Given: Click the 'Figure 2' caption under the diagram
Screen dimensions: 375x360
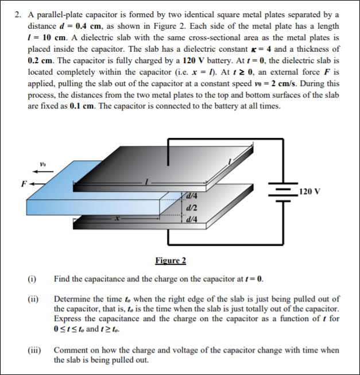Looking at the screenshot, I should click(x=171, y=261).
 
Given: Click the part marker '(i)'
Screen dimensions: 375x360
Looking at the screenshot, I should click(x=32, y=280).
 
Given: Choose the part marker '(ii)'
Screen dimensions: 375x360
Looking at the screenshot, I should click(x=33, y=299).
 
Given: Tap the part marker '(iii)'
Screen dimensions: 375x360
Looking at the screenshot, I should click(x=34, y=349).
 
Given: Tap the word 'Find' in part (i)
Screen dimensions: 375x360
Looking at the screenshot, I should click(x=62, y=280).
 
